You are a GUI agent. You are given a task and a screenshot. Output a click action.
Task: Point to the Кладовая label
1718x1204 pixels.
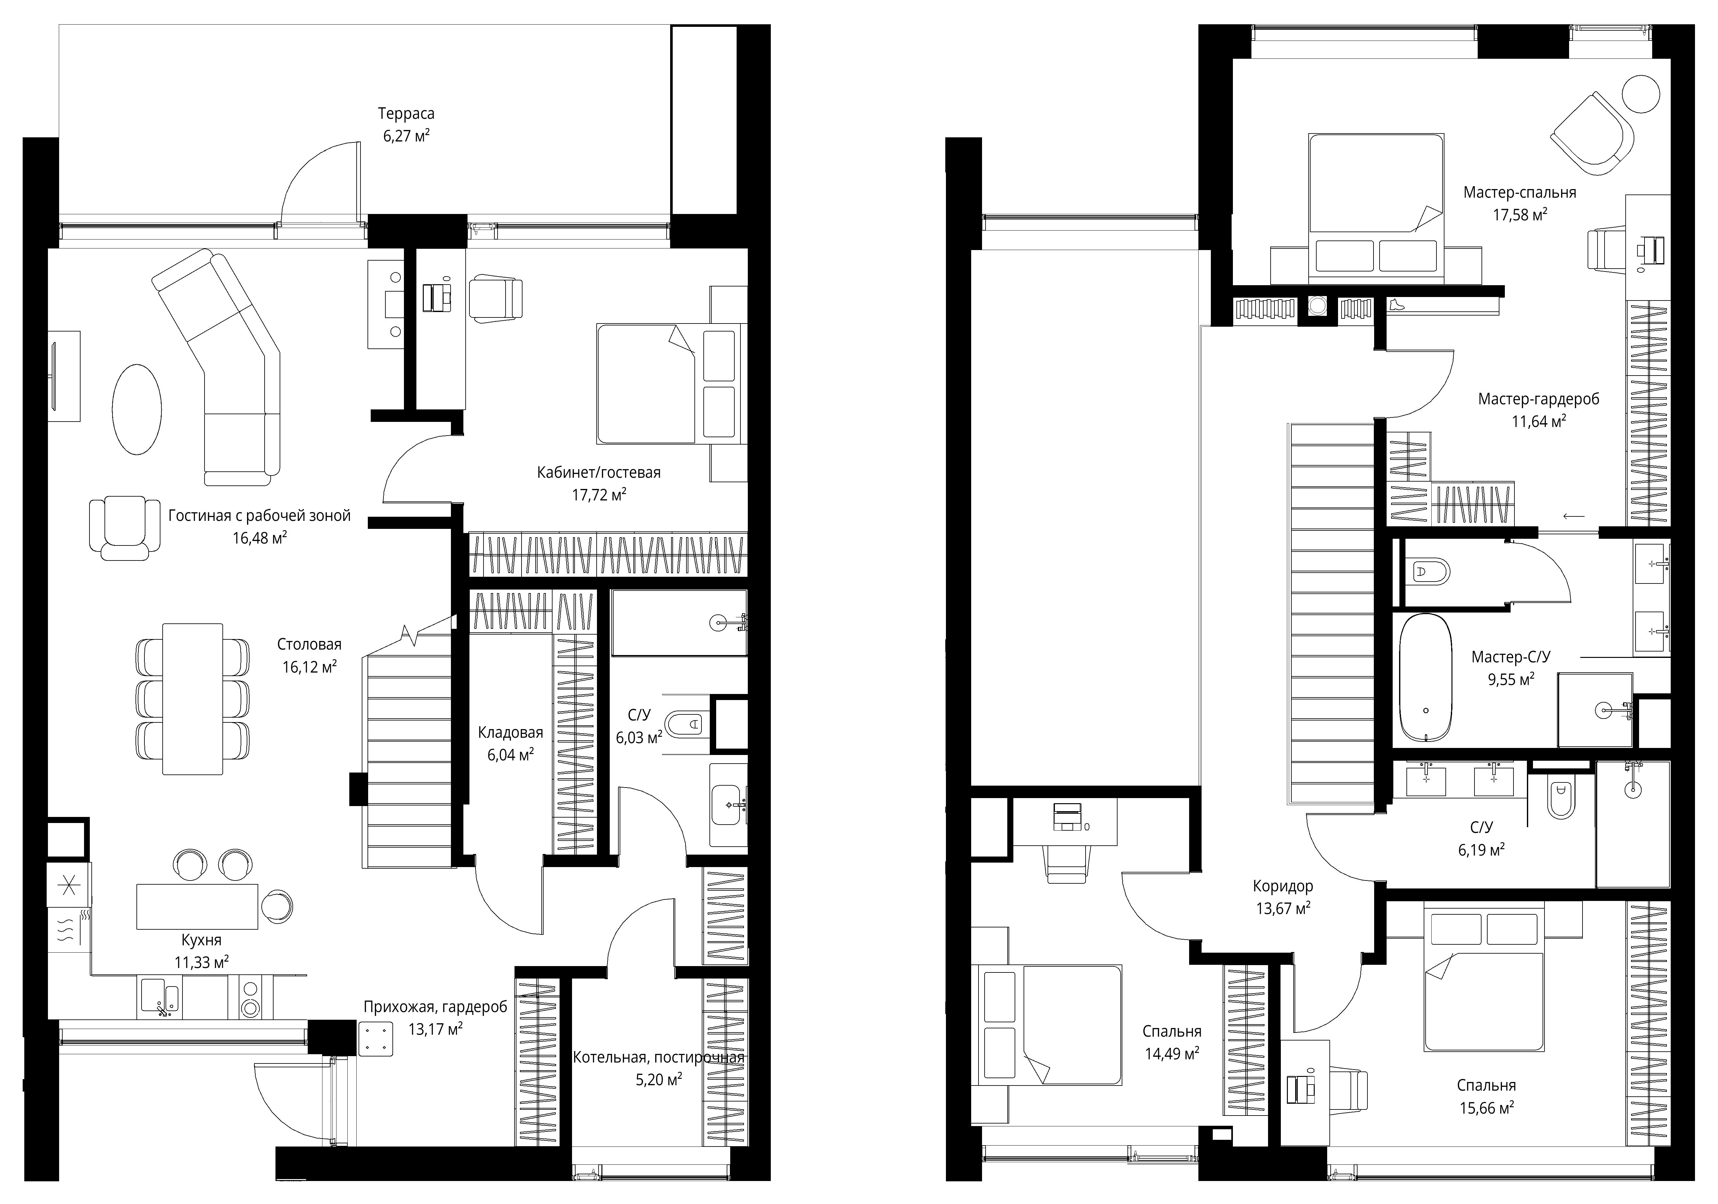click(x=510, y=733)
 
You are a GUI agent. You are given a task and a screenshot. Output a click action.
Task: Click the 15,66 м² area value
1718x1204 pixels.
click(x=1487, y=1108)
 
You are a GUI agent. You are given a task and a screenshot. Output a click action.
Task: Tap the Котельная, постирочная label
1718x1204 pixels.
click(x=658, y=1057)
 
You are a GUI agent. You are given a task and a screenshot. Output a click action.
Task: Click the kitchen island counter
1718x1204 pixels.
click(x=197, y=906)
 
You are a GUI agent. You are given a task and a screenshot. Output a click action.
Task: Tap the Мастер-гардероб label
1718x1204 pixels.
click(x=1538, y=399)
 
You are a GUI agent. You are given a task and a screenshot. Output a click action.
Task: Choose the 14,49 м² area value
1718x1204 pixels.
click(x=1172, y=1054)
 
